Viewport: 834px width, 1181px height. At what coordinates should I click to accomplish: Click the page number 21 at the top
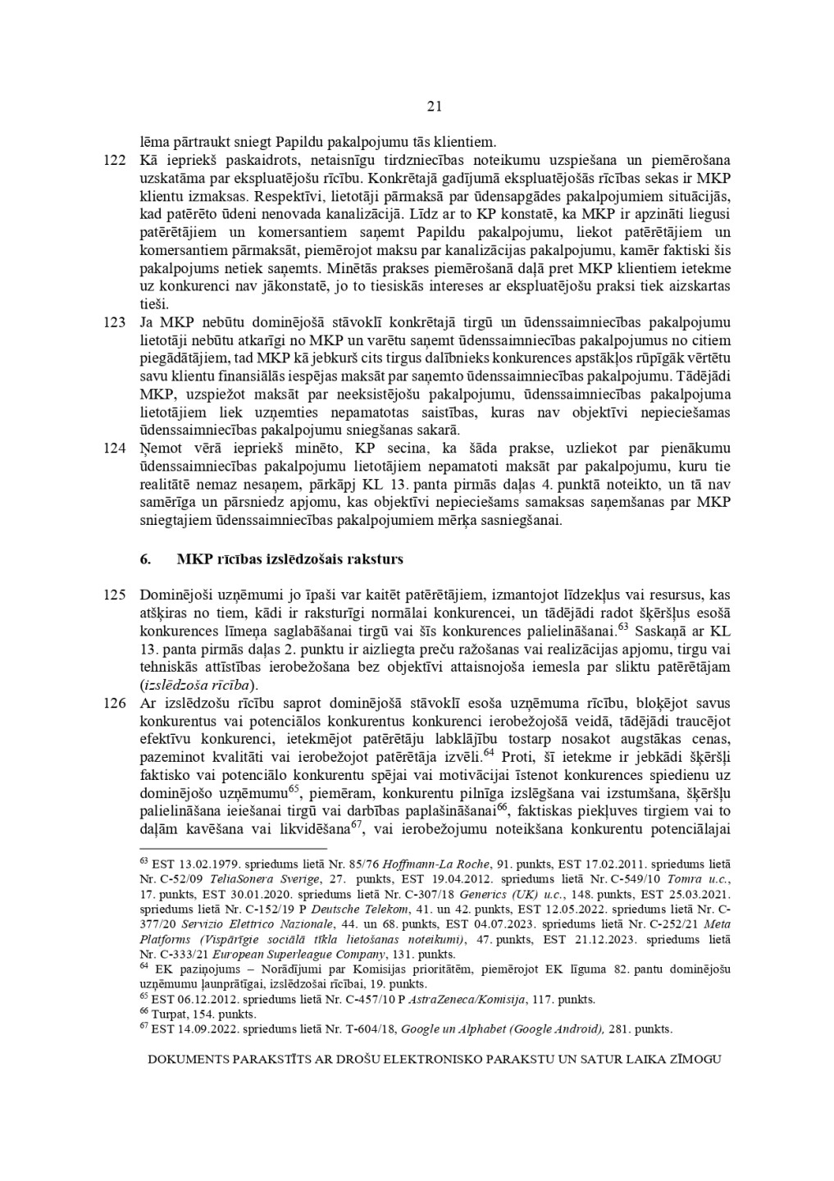(x=435, y=106)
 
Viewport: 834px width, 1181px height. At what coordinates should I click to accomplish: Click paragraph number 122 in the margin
(x=115, y=160)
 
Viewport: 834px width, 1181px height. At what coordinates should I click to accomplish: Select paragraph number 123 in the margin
(x=115, y=322)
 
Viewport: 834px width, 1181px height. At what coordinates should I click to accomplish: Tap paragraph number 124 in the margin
(x=115, y=449)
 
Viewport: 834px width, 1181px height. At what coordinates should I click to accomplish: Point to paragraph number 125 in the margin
(x=115, y=595)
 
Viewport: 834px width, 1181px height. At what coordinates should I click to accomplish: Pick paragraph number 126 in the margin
(x=115, y=703)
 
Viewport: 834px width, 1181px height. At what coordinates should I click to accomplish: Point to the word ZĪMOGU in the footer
(x=696, y=1059)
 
